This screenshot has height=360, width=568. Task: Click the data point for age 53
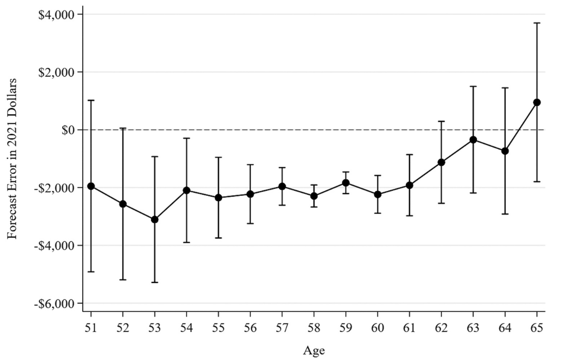tap(155, 219)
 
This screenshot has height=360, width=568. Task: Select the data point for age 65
tap(537, 102)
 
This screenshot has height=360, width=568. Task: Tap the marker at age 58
tap(314, 196)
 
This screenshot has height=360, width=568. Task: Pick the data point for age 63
tap(473, 140)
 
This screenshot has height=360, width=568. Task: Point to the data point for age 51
tap(91, 186)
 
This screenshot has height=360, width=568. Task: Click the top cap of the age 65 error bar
tap(537, 23)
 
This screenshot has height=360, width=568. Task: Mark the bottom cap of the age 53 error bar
tap(155, 282)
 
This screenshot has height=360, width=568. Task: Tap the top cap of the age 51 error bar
tap(91, 100)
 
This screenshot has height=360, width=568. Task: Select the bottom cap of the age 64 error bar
tap(505, 214)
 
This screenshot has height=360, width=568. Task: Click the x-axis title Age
tap(314, 351)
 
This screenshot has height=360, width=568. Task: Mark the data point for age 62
tap(441, 162)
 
